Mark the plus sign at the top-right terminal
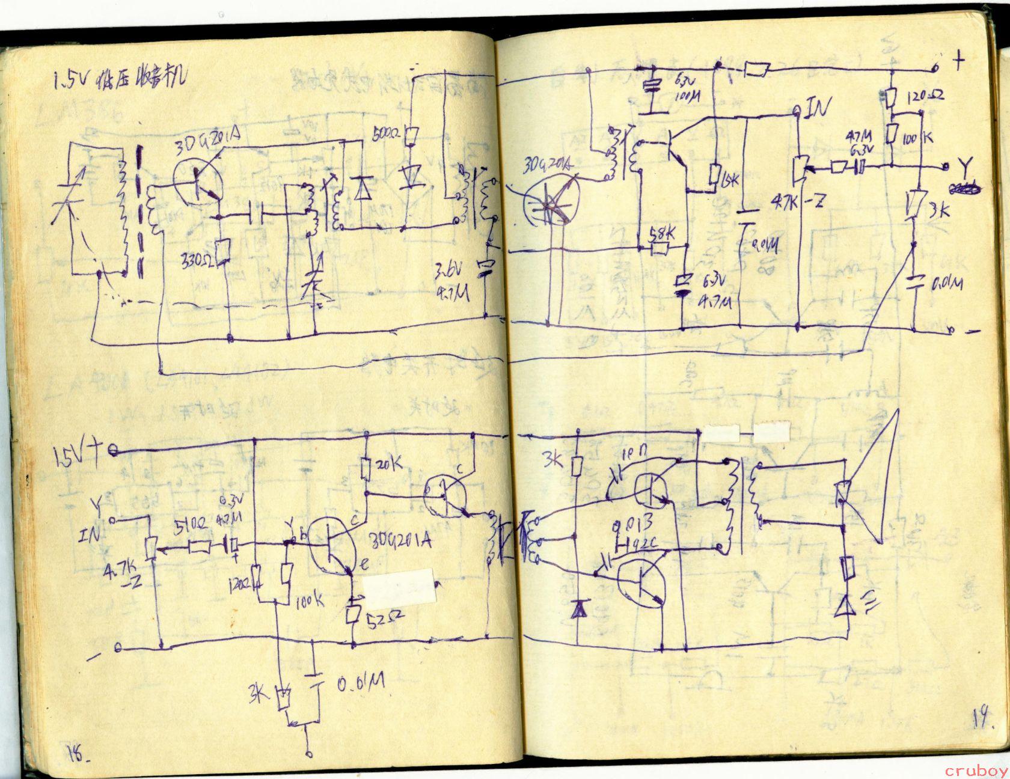coord(959,60)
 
